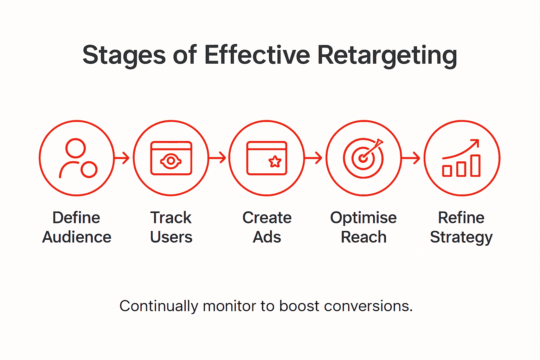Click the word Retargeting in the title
(387, 55)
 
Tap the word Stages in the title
(124, 55)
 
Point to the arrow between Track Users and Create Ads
(218, 158)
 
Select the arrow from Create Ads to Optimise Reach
(314, 158)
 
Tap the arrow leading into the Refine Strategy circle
(412, 158)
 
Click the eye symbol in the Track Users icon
(171, 161)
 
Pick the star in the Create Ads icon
(275, 162)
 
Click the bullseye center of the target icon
(363, 159)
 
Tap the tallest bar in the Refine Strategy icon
(475, 165)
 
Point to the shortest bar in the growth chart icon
(447, 171)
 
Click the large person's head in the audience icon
(76, 148)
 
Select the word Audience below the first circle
(77, 237)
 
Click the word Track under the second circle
(171, 218)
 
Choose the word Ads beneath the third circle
(267, 237)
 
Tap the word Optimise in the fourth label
(363, 218)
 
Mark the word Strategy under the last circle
(461, 237)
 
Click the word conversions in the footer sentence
(368, 306)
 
